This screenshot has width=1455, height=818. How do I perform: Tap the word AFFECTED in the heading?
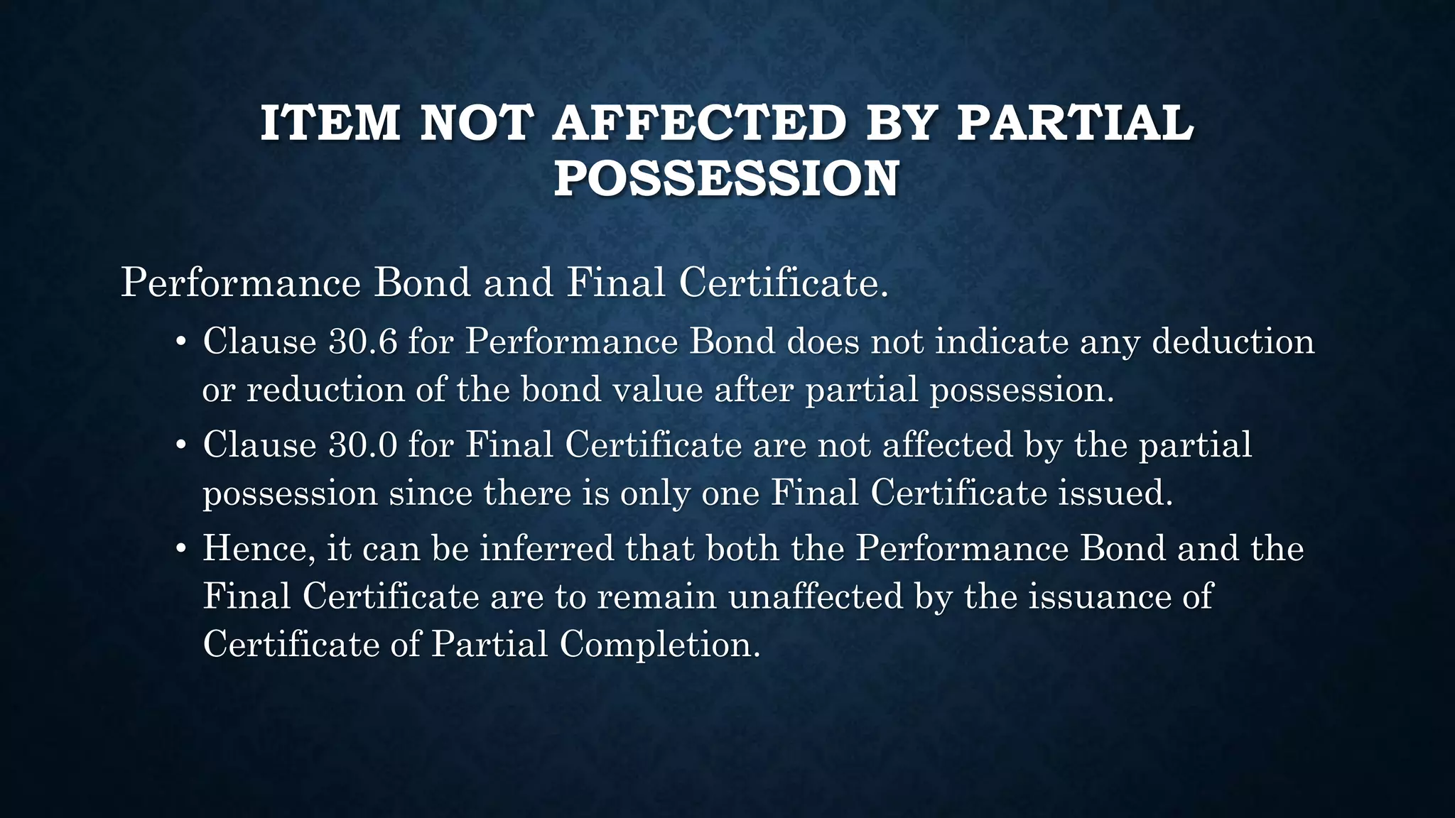tap(699, 123)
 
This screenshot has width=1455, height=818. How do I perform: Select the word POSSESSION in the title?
tap(727, 178)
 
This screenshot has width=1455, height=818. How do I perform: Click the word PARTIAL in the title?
tap(1076, 123)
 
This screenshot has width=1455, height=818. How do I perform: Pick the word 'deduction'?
tap(1233, 342)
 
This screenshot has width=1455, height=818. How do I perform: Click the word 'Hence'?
tap(259, 549)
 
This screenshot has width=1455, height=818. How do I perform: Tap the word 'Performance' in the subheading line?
tap(241, 283)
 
